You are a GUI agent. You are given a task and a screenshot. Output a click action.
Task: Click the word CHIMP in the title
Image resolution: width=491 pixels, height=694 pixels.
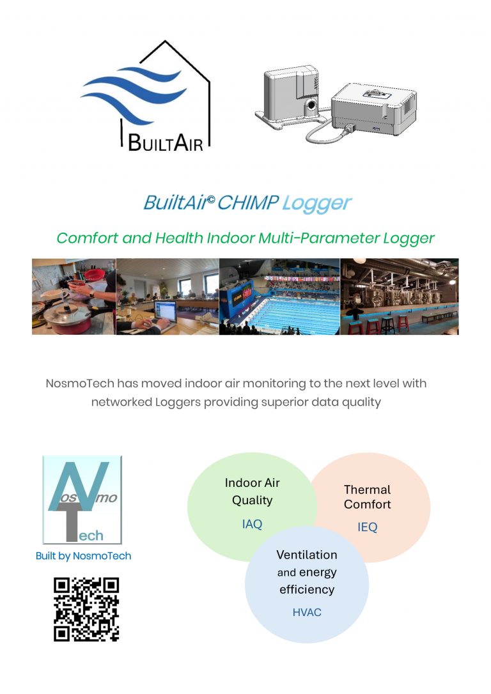[248, 203]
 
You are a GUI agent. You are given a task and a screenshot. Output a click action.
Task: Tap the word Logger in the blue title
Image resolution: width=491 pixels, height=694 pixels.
[316, 203]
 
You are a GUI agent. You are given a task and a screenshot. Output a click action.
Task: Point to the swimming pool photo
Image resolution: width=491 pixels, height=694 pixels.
[279, 297]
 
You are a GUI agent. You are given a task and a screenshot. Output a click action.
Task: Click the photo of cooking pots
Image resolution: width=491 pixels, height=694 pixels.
[74, 297]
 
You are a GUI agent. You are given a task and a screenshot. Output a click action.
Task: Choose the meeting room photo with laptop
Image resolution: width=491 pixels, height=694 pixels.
[168, 297]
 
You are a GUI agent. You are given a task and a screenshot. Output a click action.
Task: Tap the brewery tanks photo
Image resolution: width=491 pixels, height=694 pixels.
[399, 297]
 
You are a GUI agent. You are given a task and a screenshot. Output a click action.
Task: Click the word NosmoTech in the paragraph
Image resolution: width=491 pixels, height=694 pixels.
[79, 383]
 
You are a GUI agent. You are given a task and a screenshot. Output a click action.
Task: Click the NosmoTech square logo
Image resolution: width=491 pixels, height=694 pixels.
[82, 499]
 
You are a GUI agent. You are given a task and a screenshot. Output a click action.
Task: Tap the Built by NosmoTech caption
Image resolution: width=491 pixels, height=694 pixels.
[83, 556]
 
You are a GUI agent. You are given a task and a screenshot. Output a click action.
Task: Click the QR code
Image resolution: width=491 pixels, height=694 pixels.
[86, 609]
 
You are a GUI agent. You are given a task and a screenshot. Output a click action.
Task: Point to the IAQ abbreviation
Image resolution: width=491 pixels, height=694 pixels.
[252, 524]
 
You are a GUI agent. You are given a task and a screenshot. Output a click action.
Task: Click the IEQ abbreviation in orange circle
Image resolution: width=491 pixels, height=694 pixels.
[368, 527]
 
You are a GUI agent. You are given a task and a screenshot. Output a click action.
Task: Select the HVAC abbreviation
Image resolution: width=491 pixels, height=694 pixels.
[307, 612]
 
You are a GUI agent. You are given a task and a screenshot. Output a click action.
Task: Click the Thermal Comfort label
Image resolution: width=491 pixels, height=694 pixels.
[368, 497]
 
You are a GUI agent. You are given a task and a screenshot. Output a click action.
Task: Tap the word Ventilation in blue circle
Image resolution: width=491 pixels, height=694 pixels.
[307, 555]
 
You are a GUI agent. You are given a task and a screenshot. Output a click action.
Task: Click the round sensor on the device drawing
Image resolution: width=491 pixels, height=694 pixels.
[311, 104]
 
